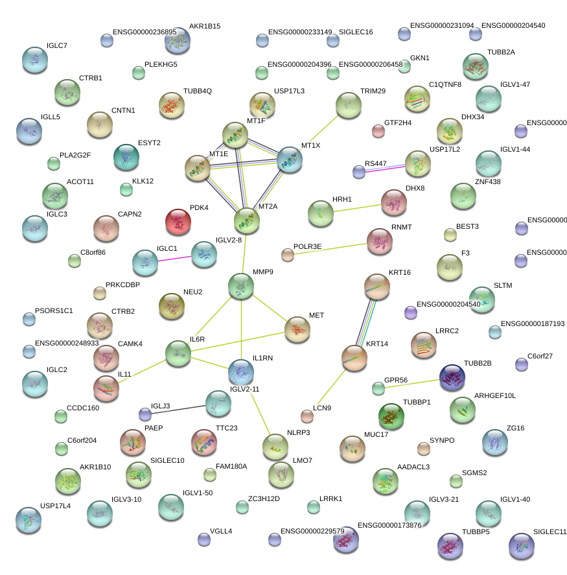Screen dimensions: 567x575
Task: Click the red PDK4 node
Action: click(x=178, y=222)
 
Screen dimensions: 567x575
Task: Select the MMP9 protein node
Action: click(x=241, y=286)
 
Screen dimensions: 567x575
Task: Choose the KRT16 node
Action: click(x=377, y=286)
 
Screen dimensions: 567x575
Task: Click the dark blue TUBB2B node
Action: click(x=452, y=377)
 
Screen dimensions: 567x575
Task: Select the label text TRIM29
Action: click(x=373, y=91)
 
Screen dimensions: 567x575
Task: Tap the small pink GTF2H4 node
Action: click(x=378, y=132)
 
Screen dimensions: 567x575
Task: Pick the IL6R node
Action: click(x=178, y=352)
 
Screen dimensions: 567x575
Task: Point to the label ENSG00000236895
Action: click(x=145, y=32)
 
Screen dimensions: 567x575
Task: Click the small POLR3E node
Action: click(x=288, y=254)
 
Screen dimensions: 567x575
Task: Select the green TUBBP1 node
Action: click(x=391, y=416)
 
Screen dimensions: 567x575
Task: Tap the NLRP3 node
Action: click(x=275, y=446)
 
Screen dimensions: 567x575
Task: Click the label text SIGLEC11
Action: click(x=550, y=532)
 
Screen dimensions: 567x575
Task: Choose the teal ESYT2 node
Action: click(x=126, y=156)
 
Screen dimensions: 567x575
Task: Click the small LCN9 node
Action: click(x=307, y=416)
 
